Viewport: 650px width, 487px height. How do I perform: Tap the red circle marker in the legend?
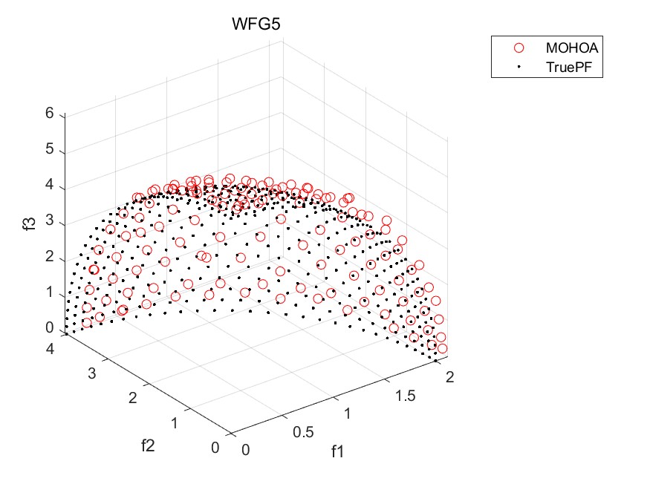coord(519,48)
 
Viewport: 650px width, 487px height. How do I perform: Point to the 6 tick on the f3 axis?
coord(51,114)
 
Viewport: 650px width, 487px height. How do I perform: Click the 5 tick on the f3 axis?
coord(51,149)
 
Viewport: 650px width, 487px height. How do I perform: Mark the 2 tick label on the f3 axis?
coord(51,257)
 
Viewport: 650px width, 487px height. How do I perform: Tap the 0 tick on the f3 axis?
coord(51,327)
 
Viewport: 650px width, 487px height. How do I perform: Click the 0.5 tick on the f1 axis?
coord(304,431)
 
